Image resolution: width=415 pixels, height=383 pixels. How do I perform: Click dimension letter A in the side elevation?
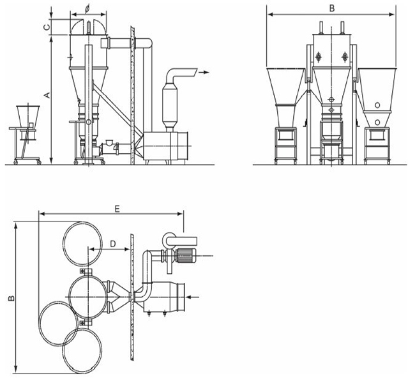pos(45,94)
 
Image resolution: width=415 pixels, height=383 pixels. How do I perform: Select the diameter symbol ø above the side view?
pos(87,11)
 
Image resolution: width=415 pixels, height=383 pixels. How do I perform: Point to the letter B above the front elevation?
pos(331,8)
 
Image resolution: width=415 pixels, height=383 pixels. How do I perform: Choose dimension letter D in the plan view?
pos(112,243)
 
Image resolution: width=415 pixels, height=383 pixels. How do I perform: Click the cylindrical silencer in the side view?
pos(171,102)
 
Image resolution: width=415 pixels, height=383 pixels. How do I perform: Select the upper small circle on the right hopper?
pos(377,105)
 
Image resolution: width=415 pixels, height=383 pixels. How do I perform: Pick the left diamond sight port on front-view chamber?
pos(317,57)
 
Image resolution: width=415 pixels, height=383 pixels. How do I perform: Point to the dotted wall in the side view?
pos(132,96)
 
